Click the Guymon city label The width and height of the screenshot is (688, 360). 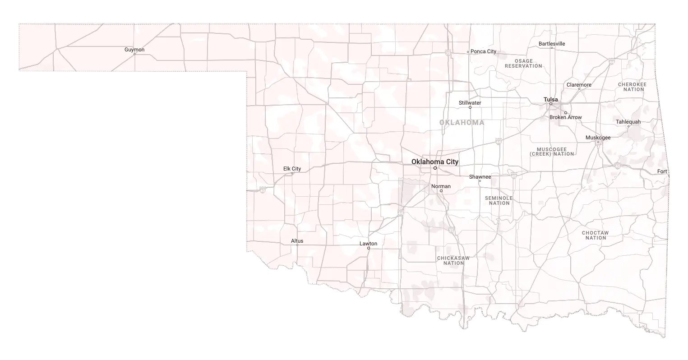coord(134,49)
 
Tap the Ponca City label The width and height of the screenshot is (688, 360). coord(483,51)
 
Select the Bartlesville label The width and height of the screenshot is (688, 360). coord(551,44)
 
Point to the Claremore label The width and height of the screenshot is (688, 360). coord(579,85)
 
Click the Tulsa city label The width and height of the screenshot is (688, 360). coord(550,99)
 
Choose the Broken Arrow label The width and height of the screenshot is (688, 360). coord(565,117)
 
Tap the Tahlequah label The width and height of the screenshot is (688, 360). coord(628,122)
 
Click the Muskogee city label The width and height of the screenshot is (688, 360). coord(598,138)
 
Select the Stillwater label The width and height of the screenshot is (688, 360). coord(470,103)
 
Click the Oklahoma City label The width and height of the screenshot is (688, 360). coord(435,162)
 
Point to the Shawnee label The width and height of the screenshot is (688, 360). coord(480,177)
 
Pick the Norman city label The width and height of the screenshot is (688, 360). coord(441,186)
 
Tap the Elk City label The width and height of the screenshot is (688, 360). coord(292,169)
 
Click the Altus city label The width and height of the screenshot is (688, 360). coord(297,241)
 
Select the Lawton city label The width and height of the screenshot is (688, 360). coord(368,244)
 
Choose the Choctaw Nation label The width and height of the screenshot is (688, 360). coord(595,235)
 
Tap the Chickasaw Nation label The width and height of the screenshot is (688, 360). coord(453,260)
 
